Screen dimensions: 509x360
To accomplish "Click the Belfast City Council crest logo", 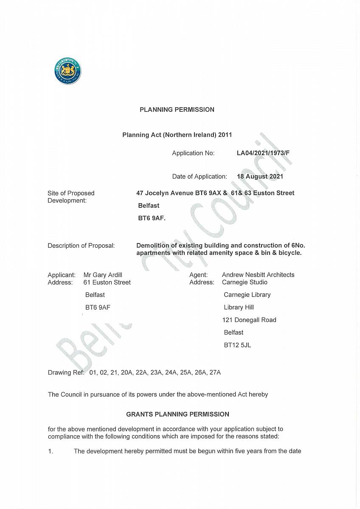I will pyautogui.click(x=68, y=71).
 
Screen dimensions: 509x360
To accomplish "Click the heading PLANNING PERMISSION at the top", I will pyautogui.click(x=177, y=109).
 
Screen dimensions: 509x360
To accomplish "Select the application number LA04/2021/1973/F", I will pyautogui.click(x=263, y=153).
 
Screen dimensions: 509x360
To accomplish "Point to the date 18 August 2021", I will pyautogui.click(x=260, y=176).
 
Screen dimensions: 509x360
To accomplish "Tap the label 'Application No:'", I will pyautogui.click(x=193, y=153).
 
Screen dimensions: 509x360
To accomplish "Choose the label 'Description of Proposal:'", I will pyautogui.click(x=81, y=246).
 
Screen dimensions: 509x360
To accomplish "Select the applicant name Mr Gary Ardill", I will pyautogui.click(x=103, y=275).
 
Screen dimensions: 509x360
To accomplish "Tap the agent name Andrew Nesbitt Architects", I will pyautogui.click(x=258, y=275).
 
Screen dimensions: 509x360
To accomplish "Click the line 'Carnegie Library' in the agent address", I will pyautogui.click(x=247, y=295).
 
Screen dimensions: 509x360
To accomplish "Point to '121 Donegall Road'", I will pyautogui.click(x=249, y=320).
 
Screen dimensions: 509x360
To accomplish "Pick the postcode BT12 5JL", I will pyautogui.click(x=237, y=345).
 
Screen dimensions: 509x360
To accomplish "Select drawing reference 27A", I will pyautogui.click(x=215, y=372).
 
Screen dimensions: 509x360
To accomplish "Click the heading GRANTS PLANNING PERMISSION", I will pyautogui.click(x=177, y=414).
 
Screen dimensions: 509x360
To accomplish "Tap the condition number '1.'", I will pyautogui.click(x=51, y=451).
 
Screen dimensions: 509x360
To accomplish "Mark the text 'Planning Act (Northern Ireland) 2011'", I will pyautogui.click(x=177, y=135).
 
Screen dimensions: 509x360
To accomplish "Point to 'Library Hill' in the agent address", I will pyautogui.click(x=239, y=307).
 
